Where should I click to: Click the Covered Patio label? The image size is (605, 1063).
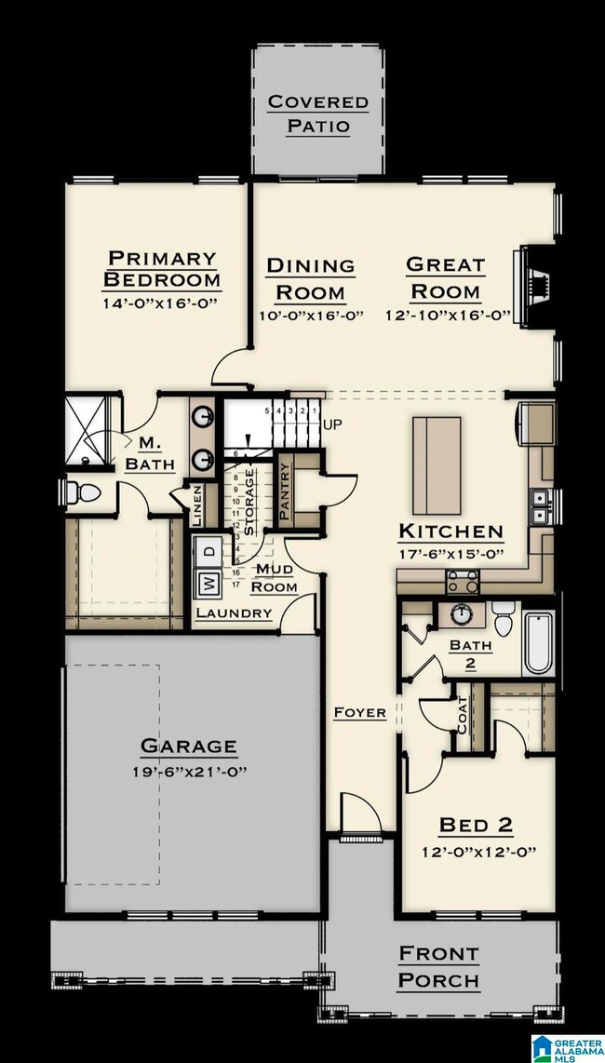(317, 114)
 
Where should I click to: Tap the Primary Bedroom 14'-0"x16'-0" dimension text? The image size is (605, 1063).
(161, 304)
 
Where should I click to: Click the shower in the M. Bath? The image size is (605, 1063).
(89, 429)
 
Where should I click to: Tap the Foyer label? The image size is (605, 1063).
(360, 713)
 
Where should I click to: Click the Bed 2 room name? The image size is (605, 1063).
(476, 825)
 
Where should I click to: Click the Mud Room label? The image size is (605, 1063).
(276, 577)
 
